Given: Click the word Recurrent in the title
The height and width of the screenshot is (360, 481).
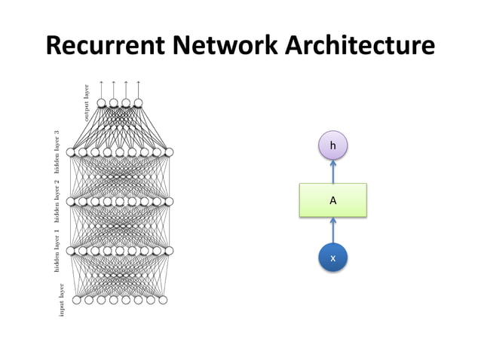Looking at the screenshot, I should click(105, 45).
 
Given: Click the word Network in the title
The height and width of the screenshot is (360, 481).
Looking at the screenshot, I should click(222, 45).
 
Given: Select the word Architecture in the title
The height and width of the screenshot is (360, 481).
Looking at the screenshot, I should click(358, 45).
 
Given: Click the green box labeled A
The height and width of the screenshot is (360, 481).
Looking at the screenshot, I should click(332, 200).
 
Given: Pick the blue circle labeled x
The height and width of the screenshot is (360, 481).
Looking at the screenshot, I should click(332, 258).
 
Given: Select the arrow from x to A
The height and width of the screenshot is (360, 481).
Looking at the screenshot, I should click(332, 230).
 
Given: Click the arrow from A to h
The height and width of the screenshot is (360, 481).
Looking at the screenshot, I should click(332, 172).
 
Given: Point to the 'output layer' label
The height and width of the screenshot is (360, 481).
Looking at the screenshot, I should click(87, 102).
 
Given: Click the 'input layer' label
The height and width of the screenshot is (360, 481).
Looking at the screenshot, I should click(62, 300).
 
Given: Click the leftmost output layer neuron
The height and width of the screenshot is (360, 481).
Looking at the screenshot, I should click(102, 103).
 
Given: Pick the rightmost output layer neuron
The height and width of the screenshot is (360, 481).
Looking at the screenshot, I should click(139, 103).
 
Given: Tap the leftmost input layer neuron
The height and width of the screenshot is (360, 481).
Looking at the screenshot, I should click(77, 301).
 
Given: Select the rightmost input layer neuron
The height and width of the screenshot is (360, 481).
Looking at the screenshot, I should click(162, 301).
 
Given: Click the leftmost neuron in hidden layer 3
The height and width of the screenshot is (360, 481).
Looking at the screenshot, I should click(71, 152).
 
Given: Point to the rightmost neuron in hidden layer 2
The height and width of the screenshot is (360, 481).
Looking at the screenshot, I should click(169, 202).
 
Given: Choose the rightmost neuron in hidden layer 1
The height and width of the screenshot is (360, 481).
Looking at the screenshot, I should click(169, 251).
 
